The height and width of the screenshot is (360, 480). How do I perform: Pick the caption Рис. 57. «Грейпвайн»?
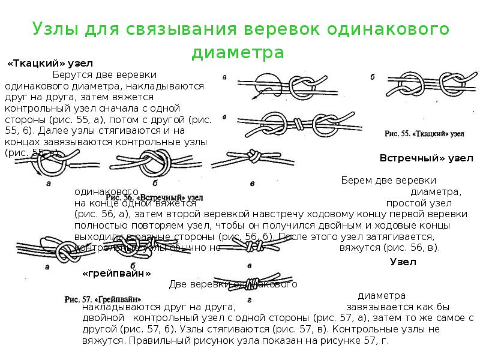[x=103, y=298]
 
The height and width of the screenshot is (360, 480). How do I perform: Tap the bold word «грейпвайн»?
[x=116, y=274]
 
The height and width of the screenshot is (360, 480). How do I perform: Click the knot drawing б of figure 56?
[x=155, y=163]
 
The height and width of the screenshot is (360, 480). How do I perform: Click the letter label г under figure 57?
[x=249, y=298]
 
